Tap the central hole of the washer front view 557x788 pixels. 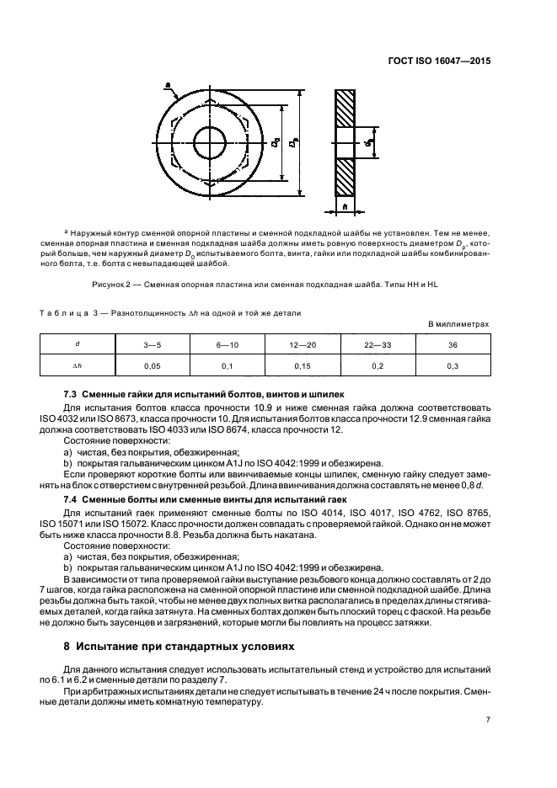(209, 138)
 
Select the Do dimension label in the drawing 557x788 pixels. (275, 144)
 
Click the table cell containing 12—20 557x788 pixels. (303, 344)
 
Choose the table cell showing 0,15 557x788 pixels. (303, 366)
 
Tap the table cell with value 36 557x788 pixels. (453, 344)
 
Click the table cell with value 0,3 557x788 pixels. (453, 366)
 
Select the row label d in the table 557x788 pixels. (78, 344)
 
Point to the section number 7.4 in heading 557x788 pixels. (72, 498)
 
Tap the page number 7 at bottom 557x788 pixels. (487, 720)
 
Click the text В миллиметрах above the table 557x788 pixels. (458, 324)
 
